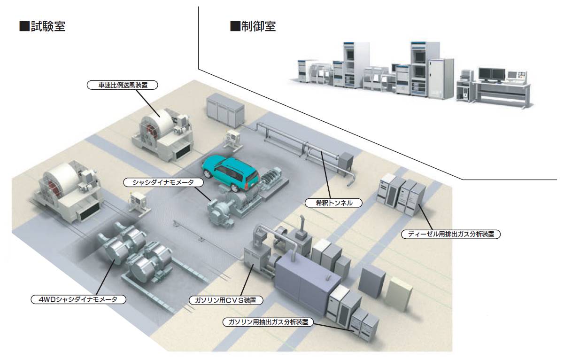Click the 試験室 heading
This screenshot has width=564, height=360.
[48, 26]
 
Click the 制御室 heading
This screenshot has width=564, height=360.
[259, 26]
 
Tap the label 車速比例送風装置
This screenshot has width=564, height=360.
[123, 85]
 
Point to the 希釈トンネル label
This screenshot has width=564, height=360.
[333, 203]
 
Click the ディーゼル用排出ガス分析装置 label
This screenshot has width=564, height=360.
[451, 234]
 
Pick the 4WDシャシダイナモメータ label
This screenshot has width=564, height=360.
[78, 299]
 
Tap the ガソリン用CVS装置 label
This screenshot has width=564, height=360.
[225, 300]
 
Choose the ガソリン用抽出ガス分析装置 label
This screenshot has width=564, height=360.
[268, 322]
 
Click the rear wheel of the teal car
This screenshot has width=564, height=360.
[235, 188]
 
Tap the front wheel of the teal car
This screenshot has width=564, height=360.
[207, 173]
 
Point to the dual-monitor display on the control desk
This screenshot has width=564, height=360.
[492, 75]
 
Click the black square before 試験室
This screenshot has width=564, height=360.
[24, 26]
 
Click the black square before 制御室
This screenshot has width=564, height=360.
[235, 26]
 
